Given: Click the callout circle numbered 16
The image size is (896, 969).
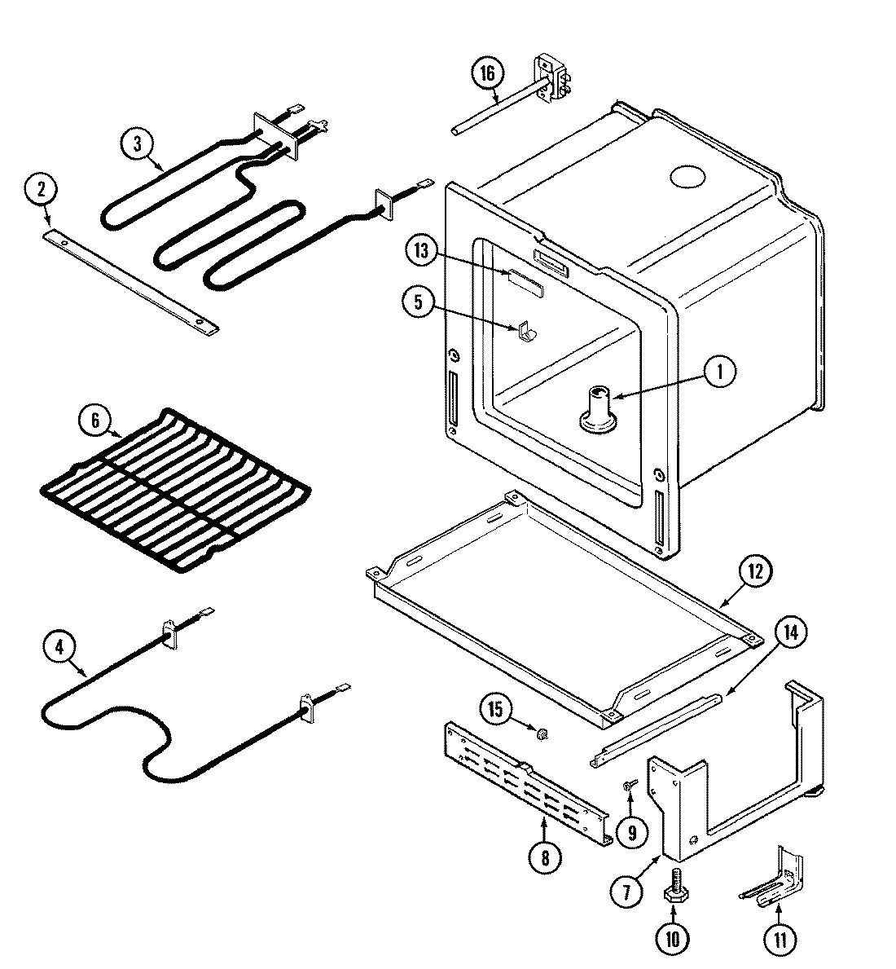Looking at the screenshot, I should coord(486,74).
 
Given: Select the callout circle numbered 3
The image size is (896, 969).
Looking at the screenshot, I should coord(137,144).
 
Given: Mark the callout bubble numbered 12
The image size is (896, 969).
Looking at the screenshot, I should coord(754,572).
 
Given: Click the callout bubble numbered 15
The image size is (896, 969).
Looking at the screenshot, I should coord(495,707).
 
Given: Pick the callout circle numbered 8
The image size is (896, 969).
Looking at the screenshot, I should coord(544,857).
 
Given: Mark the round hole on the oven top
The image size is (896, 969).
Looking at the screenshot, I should coord(687,177).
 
